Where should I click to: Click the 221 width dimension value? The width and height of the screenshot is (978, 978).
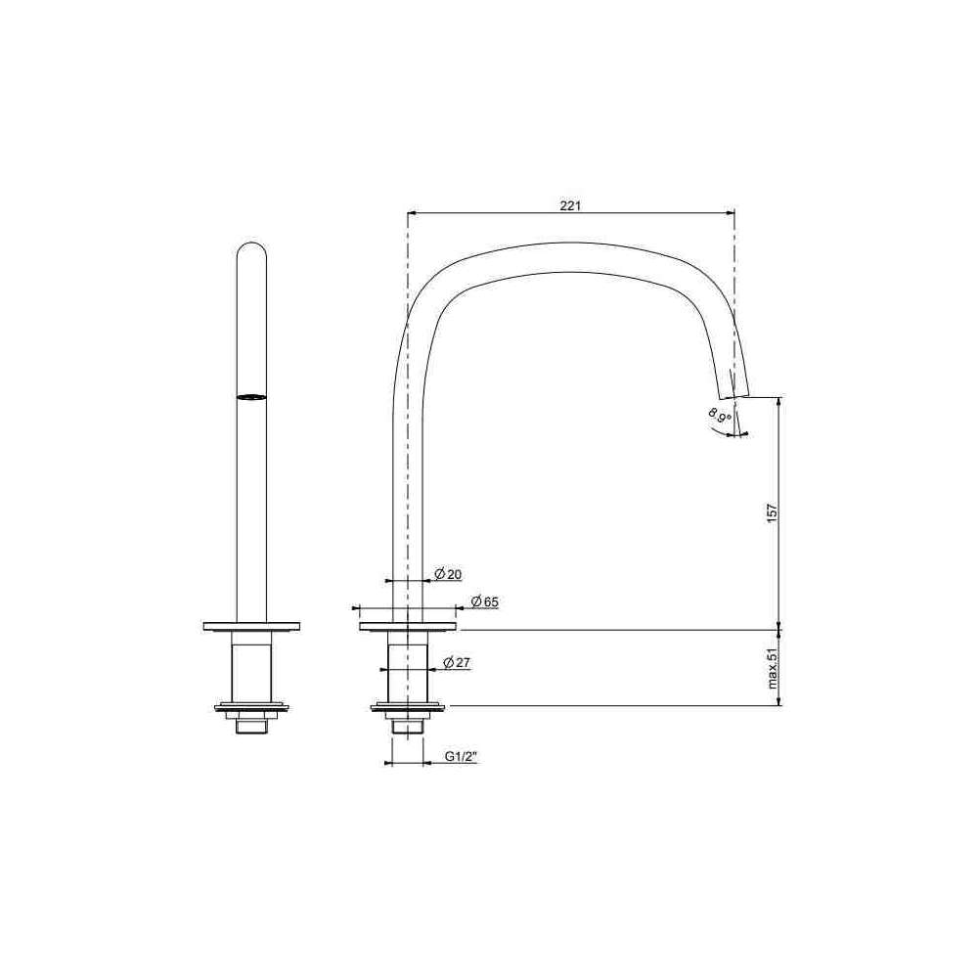[570, 205]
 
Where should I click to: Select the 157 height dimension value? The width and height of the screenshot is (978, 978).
[773, 512]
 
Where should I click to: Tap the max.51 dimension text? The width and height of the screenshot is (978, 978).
[773, 668]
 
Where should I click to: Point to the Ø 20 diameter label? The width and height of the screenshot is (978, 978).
[449, 574]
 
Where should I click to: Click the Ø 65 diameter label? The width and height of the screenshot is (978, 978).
[485, 601]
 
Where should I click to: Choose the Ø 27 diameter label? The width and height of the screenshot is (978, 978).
[457, 662]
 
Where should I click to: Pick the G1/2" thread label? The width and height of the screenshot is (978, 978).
[461, 757]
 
